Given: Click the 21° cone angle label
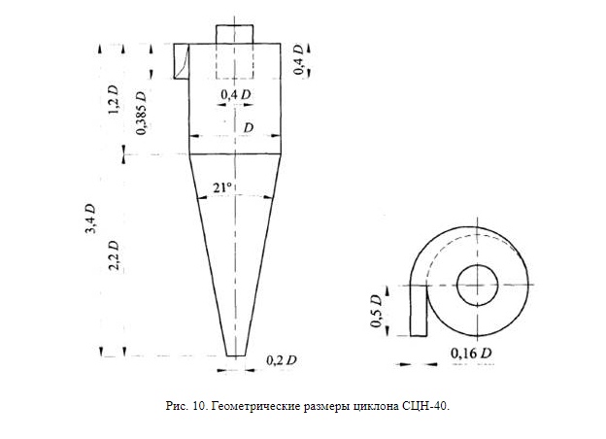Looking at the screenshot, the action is tap(222, 187).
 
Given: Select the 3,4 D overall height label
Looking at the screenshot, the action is tap(90, 219).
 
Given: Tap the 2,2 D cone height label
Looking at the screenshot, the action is tap(114, 255).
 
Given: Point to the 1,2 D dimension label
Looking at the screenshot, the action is tap(113, 100).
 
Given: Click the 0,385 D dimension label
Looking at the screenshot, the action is tap(142, 113).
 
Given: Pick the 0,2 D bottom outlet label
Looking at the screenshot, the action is tap(282, 360).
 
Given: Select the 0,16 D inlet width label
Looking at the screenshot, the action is tap(471, 354).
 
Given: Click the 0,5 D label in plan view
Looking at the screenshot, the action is tap(376, 311).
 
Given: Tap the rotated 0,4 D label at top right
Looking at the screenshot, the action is tap(299, 59).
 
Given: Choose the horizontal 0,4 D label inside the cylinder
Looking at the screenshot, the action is tap(236, 94).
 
